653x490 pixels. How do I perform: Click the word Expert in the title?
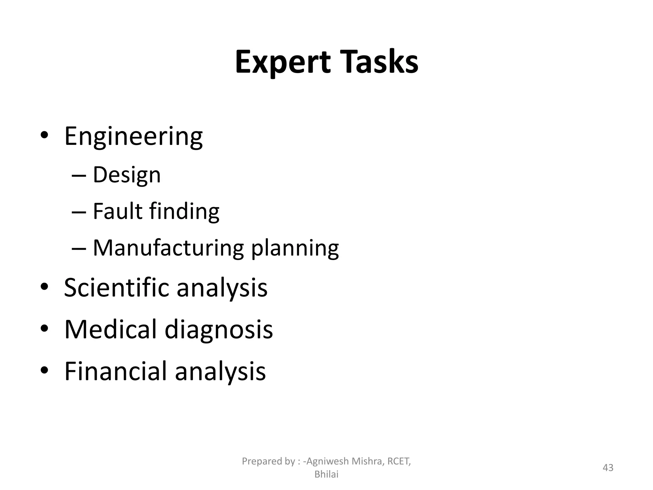[282, 63]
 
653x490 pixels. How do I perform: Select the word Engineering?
[133, 137]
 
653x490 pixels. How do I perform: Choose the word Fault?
[117, 211]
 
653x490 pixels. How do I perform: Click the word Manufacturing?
[168, 248]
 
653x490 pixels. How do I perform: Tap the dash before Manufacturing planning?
[79, 248]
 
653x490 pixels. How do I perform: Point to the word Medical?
[110, 329]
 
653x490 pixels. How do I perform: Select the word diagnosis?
[219, 330]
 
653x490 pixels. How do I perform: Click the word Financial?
[116, 371]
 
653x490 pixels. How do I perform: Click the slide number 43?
[608, 468]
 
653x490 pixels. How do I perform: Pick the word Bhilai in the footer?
[326, 474]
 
